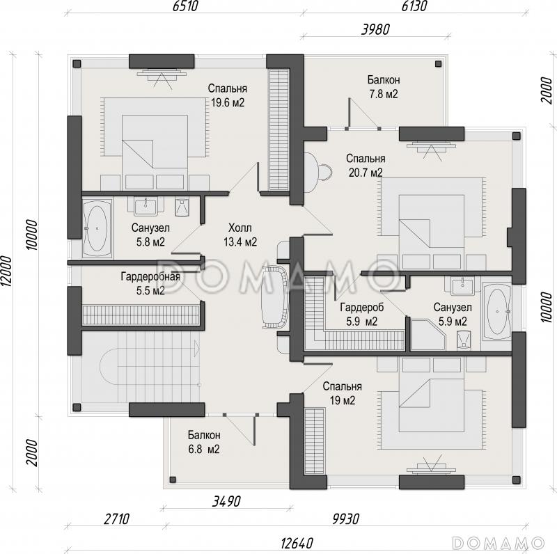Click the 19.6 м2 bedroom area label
(228, 95)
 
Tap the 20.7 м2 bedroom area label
(366, 166)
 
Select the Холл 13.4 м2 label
(240, 235)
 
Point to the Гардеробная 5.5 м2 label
(150, 283)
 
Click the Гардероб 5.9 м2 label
(362, 314)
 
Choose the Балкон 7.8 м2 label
(384, 87)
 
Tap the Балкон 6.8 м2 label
(204, 442)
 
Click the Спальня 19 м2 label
(342, 393)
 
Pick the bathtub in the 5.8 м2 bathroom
(97, 228)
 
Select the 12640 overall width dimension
(297, 543)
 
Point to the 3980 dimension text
(375, 29)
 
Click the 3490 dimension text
(226, 501)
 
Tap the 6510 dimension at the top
(185, 6)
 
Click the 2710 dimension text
(116, 519)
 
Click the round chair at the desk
(324, 171)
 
